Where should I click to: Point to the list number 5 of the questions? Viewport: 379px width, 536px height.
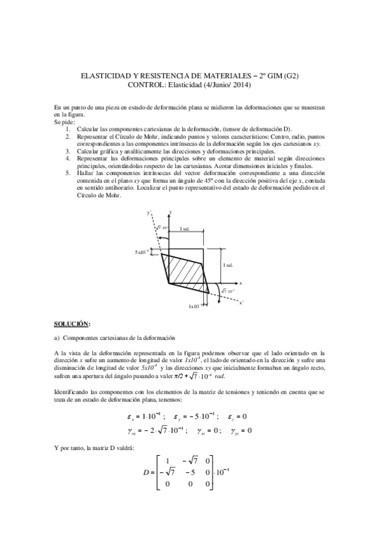(x=68, y=172)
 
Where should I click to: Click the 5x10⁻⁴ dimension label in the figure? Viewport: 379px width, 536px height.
(x=142, y=252)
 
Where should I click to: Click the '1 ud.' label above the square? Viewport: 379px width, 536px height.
(x=185, y=228)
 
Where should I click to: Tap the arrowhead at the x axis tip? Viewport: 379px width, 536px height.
(x=236, y=283)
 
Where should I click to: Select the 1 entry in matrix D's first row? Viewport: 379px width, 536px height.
(x=167, y=459)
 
